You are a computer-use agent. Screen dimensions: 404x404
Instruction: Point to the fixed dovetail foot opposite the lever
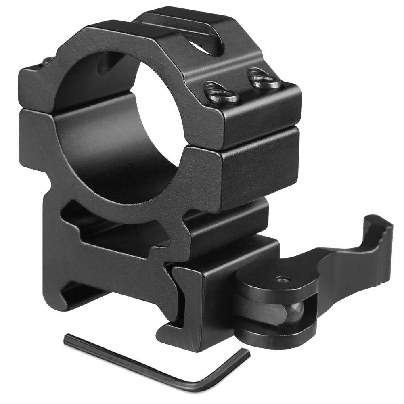tap(65, 283)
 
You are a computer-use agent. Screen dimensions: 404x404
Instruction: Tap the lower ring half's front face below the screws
tap(258, 170)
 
